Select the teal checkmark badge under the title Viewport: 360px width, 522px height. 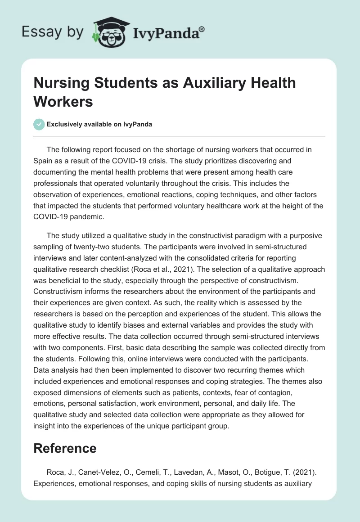[39, 124]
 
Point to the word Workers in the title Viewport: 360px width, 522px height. [63, 101]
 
